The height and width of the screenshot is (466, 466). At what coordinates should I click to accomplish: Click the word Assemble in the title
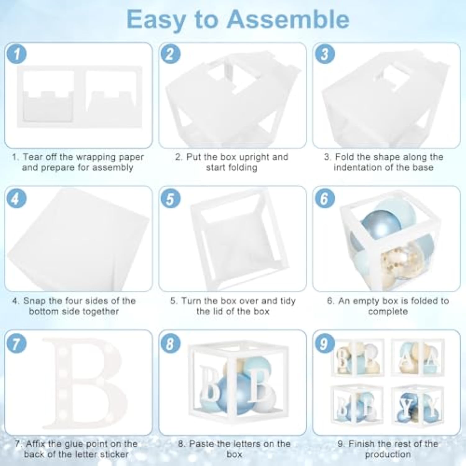(288, 19)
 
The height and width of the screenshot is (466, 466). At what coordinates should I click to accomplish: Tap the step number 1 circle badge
(16, 54)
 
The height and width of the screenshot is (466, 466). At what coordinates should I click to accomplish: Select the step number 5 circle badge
(170, 199)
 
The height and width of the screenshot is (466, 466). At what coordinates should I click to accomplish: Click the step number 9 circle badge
(324, 344)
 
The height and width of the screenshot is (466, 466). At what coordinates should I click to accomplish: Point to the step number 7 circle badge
(16, 344)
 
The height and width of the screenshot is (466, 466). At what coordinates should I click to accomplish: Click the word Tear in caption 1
(33, 157)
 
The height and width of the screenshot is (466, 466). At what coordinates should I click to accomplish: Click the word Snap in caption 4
(34, 301)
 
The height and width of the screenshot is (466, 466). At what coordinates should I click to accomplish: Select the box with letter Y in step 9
(418, 405)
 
